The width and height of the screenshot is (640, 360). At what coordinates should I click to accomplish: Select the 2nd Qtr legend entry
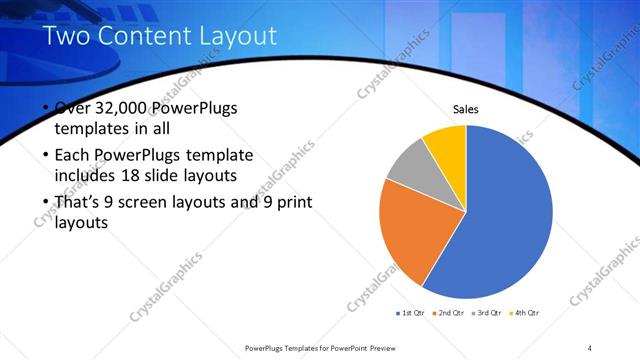click(x=448, y=313)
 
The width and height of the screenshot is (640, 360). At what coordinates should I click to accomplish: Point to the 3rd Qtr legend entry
click(x=486, y=313)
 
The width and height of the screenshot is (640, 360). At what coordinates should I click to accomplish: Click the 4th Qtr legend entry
click(x=525, y=313)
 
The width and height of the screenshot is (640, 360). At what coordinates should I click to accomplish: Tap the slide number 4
click(x=590, y=347)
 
